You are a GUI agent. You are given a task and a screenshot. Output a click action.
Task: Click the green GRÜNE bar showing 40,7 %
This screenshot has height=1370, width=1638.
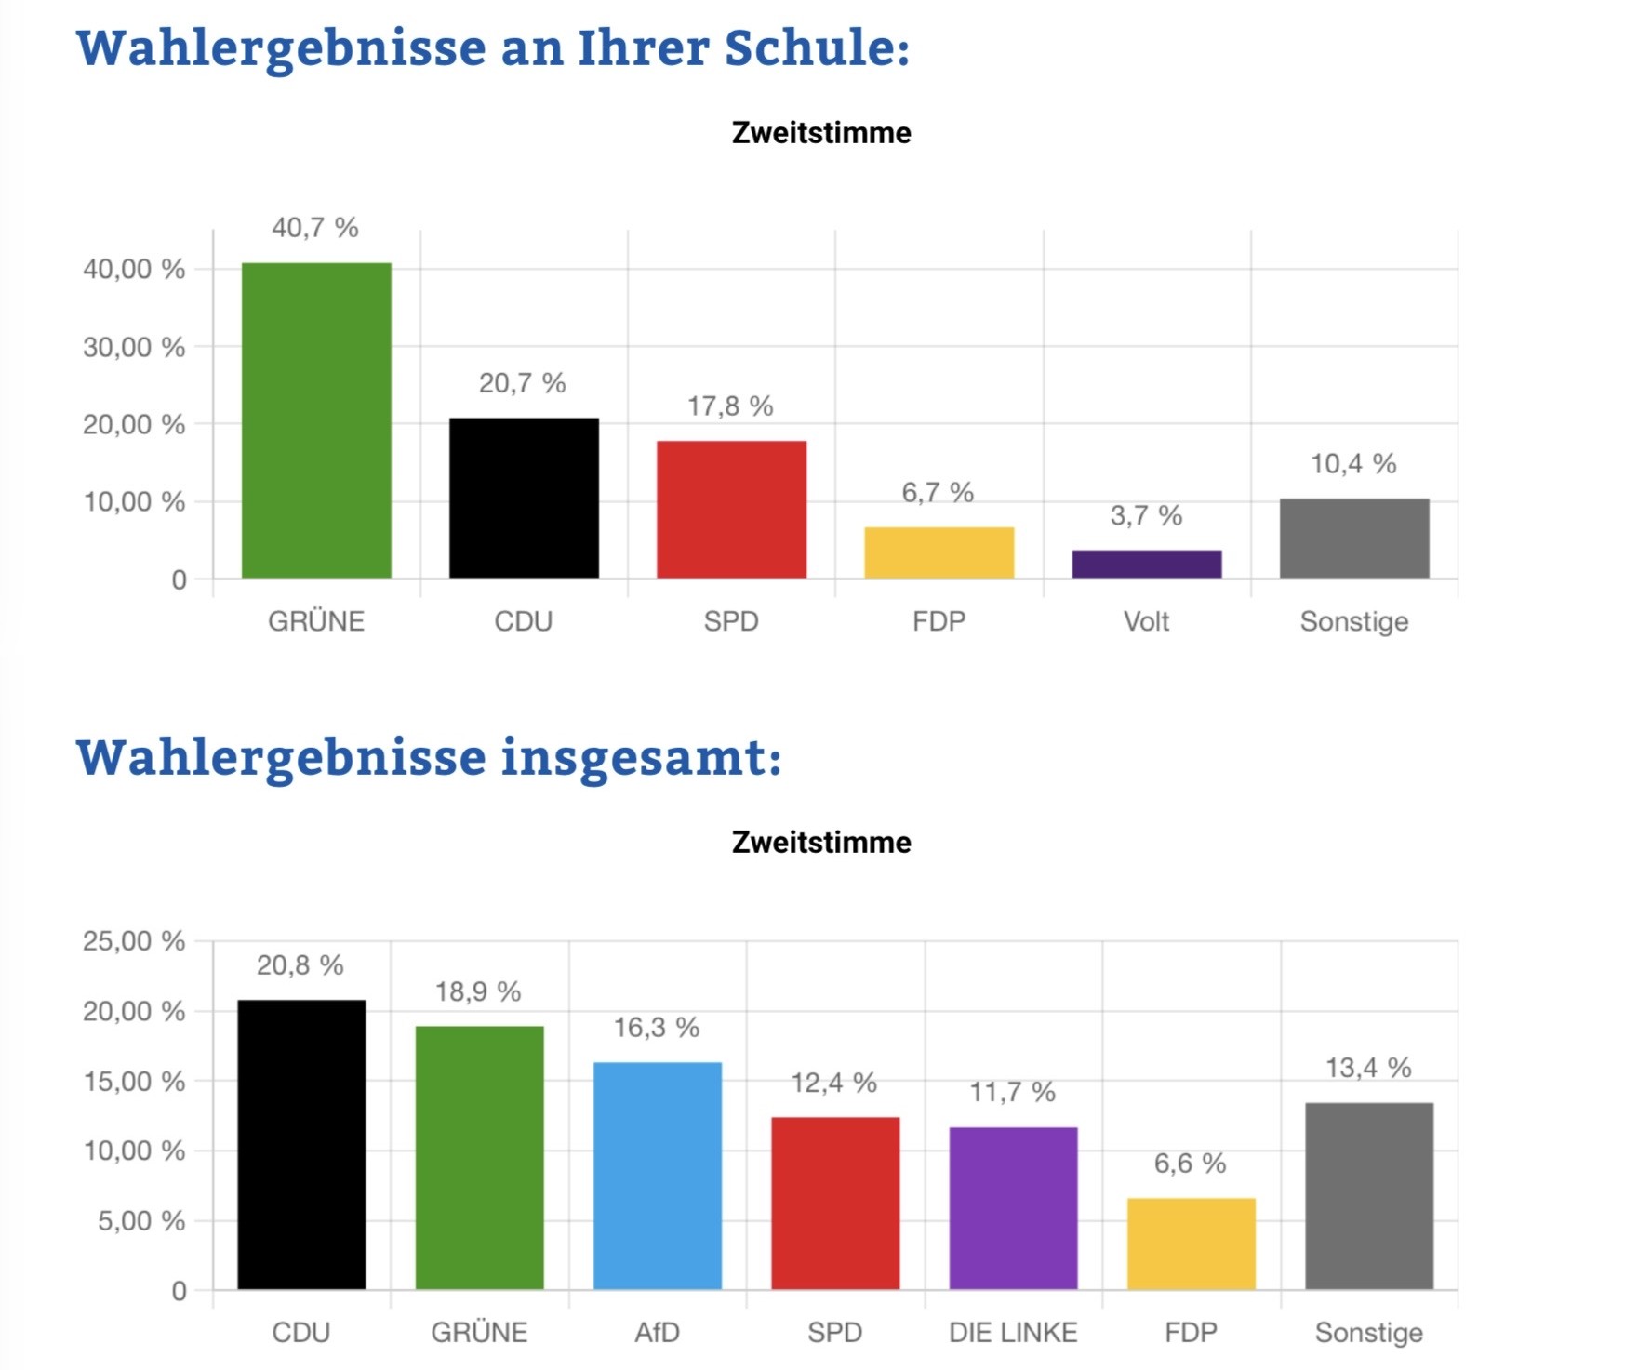click(316, 420)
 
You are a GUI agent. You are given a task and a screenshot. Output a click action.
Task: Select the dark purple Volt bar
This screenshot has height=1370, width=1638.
click(1146, 564)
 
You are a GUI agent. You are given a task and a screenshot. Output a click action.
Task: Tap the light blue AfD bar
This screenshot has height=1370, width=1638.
click(657, 1176)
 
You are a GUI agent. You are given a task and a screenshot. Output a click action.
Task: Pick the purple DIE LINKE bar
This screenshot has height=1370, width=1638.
click(1013, 1208)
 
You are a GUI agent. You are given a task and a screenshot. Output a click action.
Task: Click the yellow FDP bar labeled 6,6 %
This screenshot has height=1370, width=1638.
click(1191, 1244)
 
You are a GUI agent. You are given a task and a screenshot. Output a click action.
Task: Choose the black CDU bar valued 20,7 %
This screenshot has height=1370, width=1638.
click(524, 499)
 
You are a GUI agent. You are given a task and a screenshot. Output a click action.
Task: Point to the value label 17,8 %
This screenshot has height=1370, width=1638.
click(730, 406)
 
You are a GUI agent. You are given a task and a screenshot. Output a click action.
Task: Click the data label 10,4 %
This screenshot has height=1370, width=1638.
click(1353, 464)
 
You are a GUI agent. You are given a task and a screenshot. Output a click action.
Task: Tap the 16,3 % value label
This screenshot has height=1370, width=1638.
click(656, 1028)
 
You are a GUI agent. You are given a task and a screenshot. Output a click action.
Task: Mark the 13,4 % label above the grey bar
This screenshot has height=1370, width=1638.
click(1368, 1068)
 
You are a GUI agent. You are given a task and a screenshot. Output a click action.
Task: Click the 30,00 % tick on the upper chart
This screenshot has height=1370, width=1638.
click(134, 347)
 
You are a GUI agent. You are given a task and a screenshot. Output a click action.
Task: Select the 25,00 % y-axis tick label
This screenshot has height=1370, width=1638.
click(134, 941)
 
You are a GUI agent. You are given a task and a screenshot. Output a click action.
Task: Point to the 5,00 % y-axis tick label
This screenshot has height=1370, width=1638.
click(141, 1221)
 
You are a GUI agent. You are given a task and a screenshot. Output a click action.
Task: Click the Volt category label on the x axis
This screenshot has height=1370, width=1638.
click(1146, 621)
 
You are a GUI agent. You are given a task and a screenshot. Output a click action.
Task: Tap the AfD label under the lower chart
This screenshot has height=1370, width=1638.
click(657, 1333)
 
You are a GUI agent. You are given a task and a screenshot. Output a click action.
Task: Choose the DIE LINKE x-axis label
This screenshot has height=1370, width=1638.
click(1013, 1333)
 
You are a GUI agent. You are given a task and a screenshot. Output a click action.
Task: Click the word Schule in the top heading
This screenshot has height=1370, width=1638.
click(816, 48)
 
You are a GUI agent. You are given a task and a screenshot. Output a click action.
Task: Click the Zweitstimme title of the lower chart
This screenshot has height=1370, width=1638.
click(821, 843)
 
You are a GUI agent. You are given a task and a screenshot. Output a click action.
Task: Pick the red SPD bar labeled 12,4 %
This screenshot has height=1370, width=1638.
click(835, 1203)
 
